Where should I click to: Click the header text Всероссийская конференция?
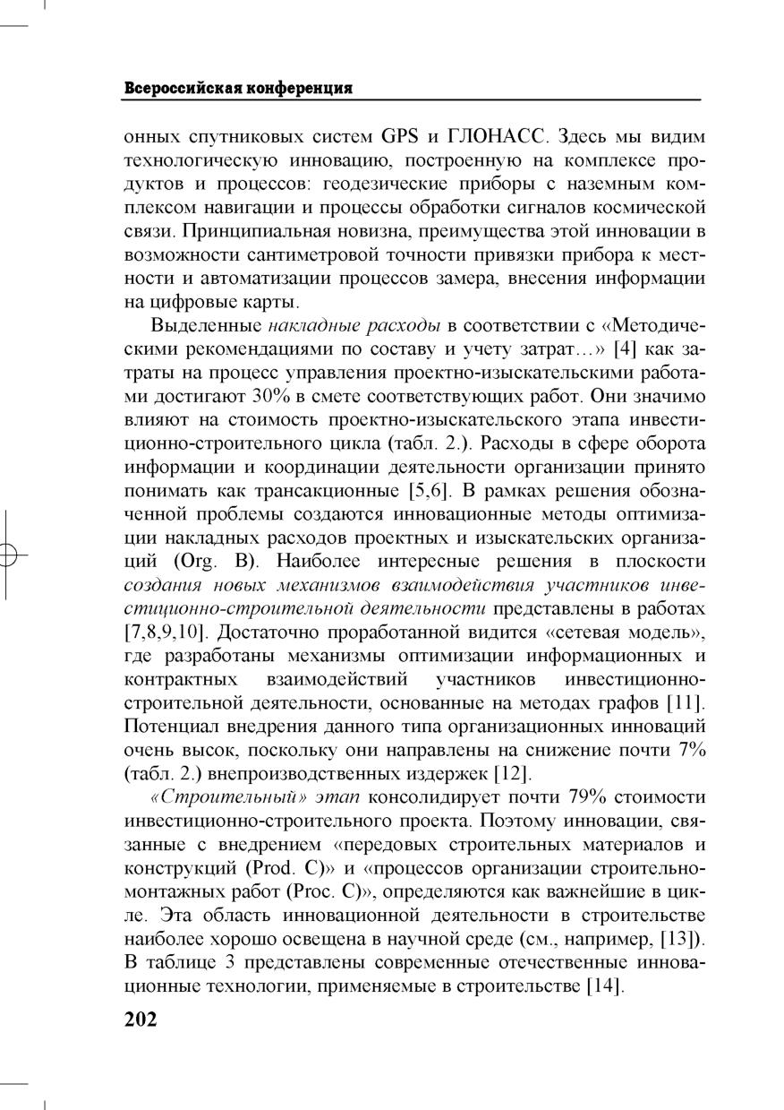coord(237,89)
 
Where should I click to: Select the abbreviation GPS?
coord(400,138)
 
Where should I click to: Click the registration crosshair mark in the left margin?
coord(8,555)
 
